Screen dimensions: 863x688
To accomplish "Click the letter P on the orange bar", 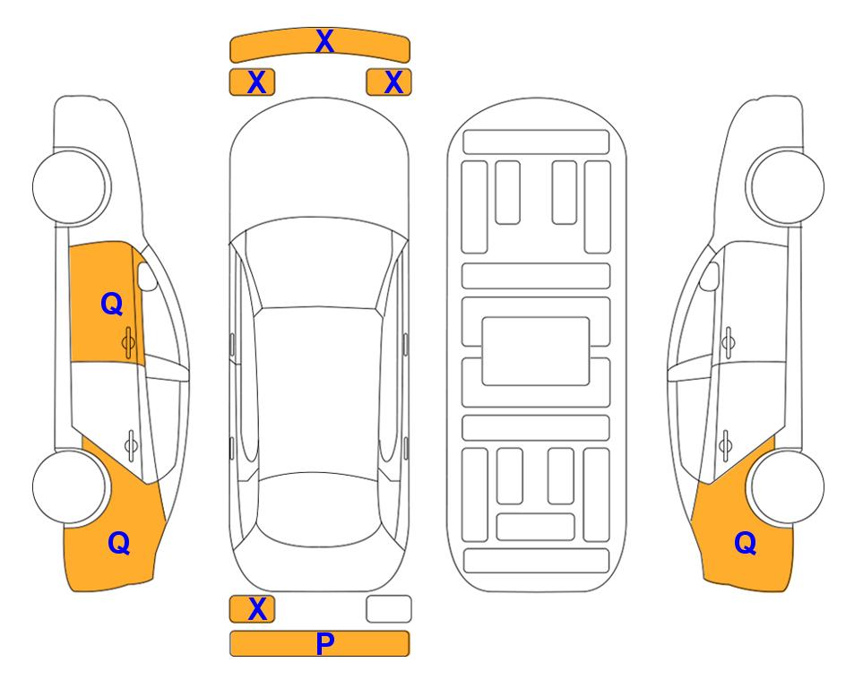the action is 324,643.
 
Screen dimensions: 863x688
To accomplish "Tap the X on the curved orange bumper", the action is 324,41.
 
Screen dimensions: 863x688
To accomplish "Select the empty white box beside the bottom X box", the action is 389,609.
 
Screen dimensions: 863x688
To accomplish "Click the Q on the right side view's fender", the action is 746,543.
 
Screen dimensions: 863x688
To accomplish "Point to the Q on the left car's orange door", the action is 112,304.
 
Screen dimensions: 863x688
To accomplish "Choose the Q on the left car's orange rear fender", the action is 119,543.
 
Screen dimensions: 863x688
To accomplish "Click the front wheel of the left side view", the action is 71,187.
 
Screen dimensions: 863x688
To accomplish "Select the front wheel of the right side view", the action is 787,187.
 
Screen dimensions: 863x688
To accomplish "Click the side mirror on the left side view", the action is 146,276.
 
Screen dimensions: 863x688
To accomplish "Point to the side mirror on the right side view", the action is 710,276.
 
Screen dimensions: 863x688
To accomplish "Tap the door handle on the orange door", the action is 128,342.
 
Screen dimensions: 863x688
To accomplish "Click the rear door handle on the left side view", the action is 131,444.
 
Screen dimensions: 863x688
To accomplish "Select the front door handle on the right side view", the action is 728,342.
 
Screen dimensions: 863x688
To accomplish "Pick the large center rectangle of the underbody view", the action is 536,351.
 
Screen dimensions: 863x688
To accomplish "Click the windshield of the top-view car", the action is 318,263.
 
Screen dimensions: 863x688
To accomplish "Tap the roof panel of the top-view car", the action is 318,391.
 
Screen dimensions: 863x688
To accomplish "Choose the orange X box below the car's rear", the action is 252,609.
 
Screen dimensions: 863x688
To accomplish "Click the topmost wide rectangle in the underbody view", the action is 536,142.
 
